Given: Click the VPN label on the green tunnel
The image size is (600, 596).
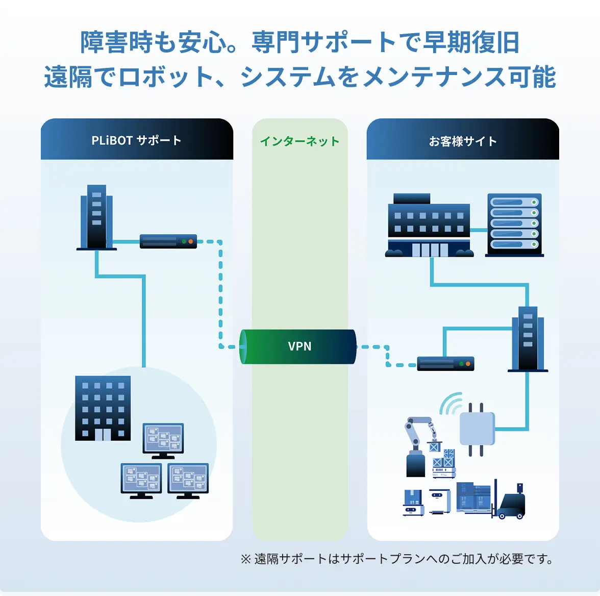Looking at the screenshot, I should pos(299,346).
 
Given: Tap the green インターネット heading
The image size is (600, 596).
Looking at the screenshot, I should pos(299,141).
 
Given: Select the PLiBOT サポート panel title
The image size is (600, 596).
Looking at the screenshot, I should pos(136,140).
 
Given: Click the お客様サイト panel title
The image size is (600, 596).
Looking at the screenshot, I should pos(463,141).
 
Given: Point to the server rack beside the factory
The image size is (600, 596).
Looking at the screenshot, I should pos(514,224).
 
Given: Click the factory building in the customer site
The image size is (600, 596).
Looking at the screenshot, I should pos(429,226).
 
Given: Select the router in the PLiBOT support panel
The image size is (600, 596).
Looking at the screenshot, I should pos(168,241).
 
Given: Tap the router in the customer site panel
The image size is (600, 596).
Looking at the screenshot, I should pos(445,364).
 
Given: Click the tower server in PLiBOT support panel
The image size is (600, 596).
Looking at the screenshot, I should pos(96,217).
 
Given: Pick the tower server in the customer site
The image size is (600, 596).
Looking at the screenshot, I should pos(528,339).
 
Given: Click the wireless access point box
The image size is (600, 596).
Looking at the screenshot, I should pos(477,429).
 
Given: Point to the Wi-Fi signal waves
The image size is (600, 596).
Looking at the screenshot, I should pos(451,404).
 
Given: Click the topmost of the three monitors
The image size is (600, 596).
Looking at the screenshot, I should pos(163,439).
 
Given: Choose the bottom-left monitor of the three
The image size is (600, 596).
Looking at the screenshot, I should pos(141,480).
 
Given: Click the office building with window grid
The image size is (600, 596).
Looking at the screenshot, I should pos(103,408).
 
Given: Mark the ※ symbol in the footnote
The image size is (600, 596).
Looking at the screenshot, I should pos(245,559).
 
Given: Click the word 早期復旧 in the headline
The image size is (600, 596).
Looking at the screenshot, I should pos(470,42).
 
